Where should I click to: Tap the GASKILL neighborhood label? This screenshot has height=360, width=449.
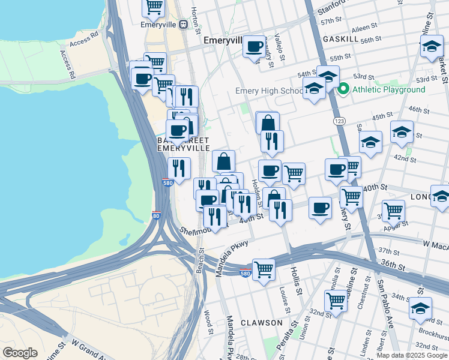[340, 38]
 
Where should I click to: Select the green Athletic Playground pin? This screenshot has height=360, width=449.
[343, 89]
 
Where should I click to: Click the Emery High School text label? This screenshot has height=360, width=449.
[269, 91]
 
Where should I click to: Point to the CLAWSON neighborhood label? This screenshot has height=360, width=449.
[261, 323]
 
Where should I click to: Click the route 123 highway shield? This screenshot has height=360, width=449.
[337, 121]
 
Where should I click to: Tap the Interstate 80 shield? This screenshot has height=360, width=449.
[156, 215]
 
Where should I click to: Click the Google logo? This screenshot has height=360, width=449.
[20, 352]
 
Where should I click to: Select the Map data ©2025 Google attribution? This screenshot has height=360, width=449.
[412, 355]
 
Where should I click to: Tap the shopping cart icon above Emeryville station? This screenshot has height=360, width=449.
[154, 7]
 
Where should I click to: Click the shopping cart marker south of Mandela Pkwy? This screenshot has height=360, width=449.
[264, 269]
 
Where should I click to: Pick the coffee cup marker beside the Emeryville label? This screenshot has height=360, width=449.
[255, 46]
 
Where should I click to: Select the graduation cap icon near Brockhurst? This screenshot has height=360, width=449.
[420, 308]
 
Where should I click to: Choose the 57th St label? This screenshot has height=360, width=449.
[348, 21]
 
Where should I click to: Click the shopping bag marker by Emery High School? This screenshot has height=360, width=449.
[268, 123]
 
